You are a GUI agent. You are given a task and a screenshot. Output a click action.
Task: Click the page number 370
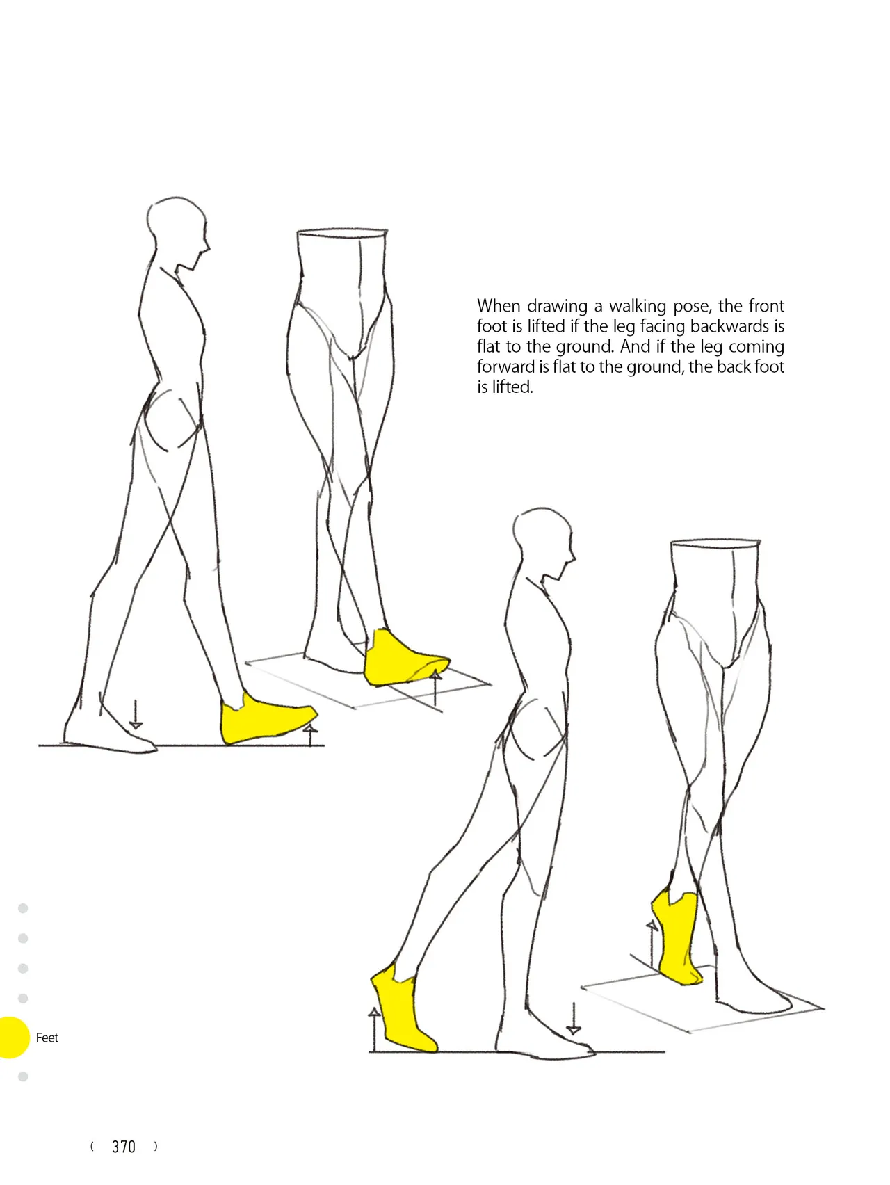tap(124, 1147)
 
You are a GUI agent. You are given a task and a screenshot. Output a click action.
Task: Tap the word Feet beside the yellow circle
tap(47, 1038)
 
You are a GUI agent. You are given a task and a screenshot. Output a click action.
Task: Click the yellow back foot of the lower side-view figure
tap(402, 1008)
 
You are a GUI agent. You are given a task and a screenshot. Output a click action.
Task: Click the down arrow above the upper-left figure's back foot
tap(136, 714)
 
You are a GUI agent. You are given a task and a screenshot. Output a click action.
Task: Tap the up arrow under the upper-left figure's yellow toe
tap(311, 734)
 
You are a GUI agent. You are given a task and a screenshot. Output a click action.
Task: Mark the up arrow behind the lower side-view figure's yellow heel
tap(374, 1029)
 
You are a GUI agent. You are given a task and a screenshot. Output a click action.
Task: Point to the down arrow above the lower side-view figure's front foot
tap(574, 1019)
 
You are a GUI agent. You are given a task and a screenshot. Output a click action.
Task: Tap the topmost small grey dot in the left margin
tap(23, 908)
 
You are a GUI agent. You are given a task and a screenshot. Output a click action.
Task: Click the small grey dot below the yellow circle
tap(23, 1077)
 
